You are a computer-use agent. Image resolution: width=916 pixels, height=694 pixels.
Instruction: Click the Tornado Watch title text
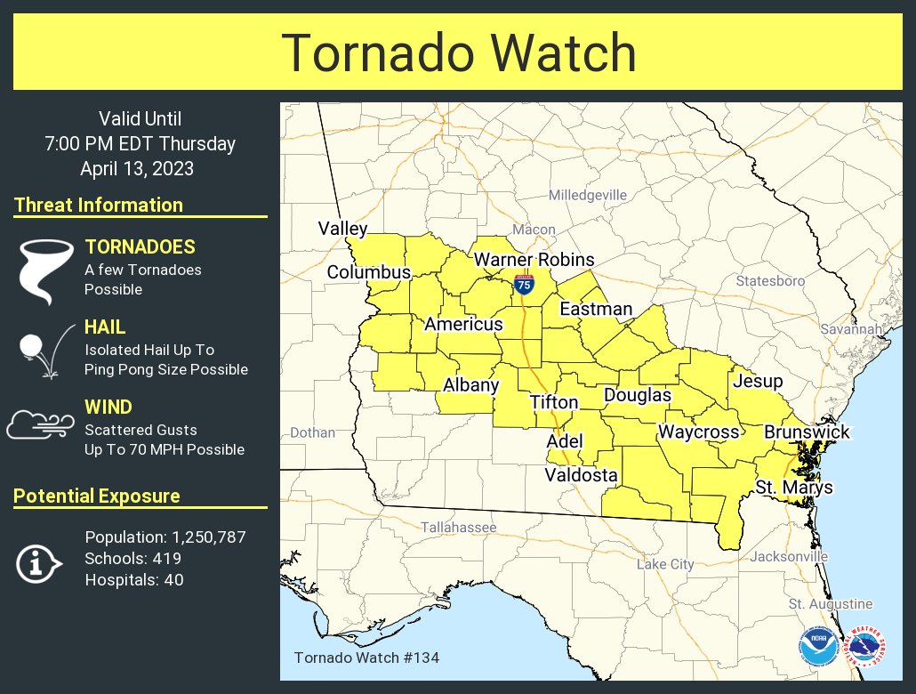click(459, 52)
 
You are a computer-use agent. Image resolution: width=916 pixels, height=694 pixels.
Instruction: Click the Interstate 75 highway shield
click(525, 285)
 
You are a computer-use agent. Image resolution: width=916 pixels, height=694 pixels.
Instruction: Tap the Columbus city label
click(368, 272)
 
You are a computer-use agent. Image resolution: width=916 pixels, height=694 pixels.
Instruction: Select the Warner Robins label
click(534, 260)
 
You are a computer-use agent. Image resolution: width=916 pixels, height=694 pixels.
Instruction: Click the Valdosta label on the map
click(581, 475)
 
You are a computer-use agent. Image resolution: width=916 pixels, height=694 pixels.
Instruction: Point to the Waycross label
click(698, 432)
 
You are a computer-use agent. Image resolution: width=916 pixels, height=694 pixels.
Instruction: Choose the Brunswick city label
click(807, 432)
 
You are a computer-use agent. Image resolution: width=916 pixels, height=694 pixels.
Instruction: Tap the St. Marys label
click(794, 487)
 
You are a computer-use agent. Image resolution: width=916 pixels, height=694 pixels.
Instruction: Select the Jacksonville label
click(789, 556)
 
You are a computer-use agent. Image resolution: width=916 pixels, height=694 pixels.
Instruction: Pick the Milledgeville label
click(587, 195)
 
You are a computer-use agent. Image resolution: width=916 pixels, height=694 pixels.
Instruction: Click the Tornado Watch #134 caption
click(366, 658)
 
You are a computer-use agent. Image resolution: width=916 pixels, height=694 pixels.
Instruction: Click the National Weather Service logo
click(866, 647)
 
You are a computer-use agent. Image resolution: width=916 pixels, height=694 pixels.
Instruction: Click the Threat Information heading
click(99, 205)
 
